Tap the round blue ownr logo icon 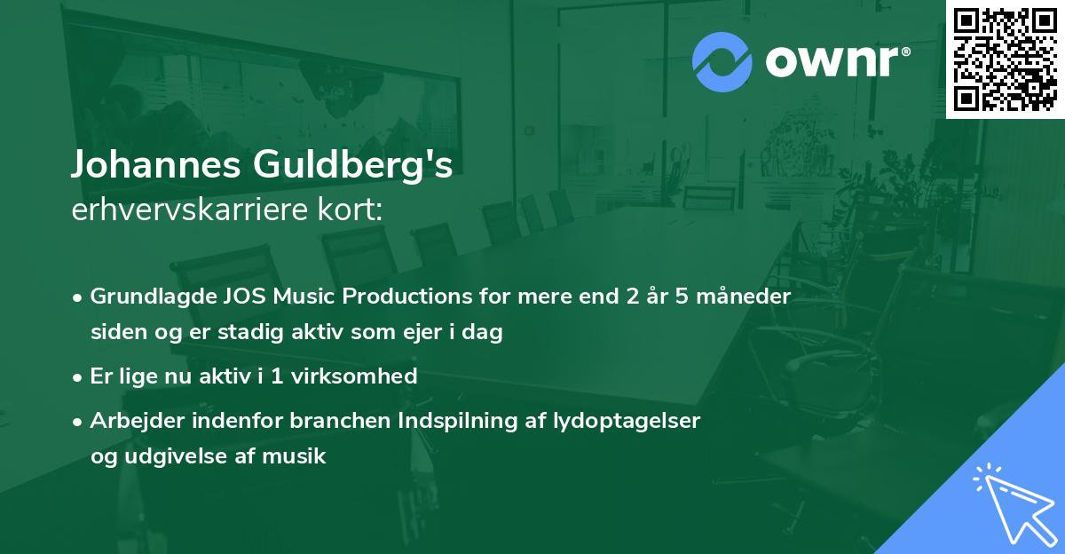point(722,62)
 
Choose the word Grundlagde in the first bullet point(150,297)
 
